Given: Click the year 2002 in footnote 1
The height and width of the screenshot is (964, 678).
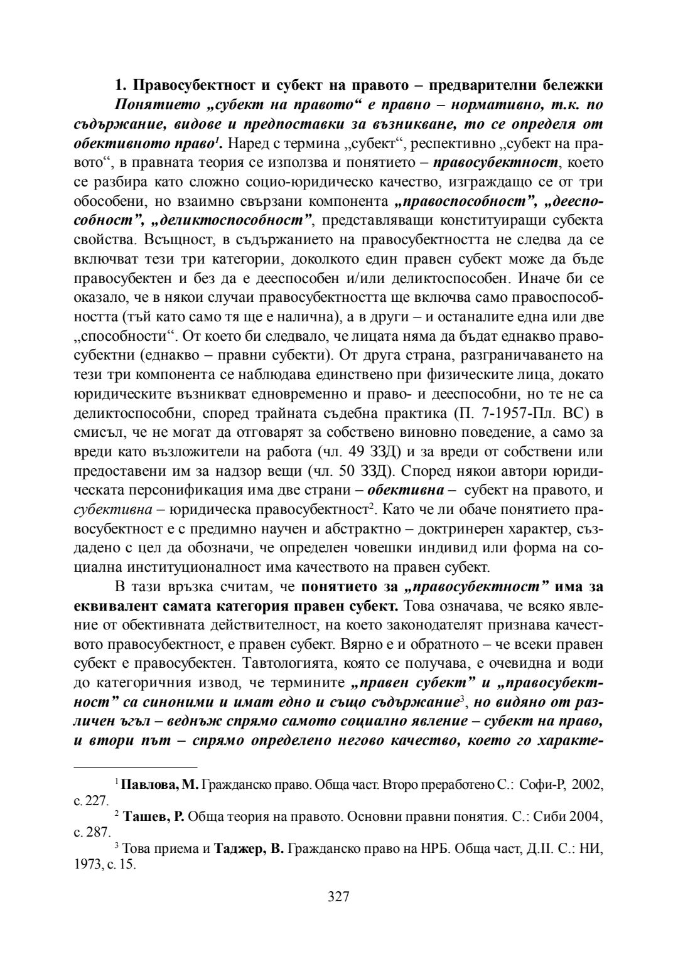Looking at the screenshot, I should point(588,785).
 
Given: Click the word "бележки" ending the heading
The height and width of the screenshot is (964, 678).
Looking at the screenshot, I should point(574,85).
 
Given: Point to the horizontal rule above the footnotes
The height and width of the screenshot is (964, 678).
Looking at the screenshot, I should point(136,766).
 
